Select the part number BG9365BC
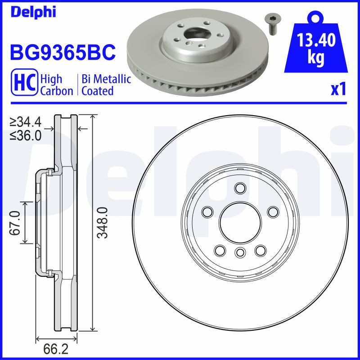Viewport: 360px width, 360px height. click(x=63, y=52)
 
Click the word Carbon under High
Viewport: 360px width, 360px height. click(x=57, y=91)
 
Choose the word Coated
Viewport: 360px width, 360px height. click(x=97, y=91)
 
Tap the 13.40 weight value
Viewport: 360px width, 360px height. click(x=316, y=41)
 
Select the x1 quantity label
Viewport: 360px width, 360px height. click(x=338, y=90)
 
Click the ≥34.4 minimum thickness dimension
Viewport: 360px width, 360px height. click(x=26, y=121)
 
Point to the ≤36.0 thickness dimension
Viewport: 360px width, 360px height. click(x=26, y=135)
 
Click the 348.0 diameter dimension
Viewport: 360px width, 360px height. click(x=103, y=223)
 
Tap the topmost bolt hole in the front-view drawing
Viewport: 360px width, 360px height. click(x=240, y=188)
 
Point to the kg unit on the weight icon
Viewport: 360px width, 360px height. click(x=316, y=59)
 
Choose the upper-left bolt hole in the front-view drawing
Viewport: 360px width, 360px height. click(x=208, y=211)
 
